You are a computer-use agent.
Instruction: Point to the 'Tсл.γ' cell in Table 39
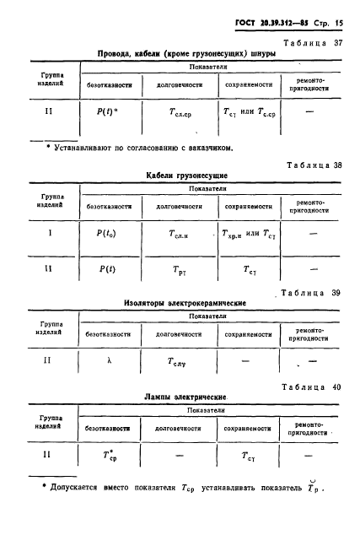tap(176, 360)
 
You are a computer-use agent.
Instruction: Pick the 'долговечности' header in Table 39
tap(177, 333)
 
